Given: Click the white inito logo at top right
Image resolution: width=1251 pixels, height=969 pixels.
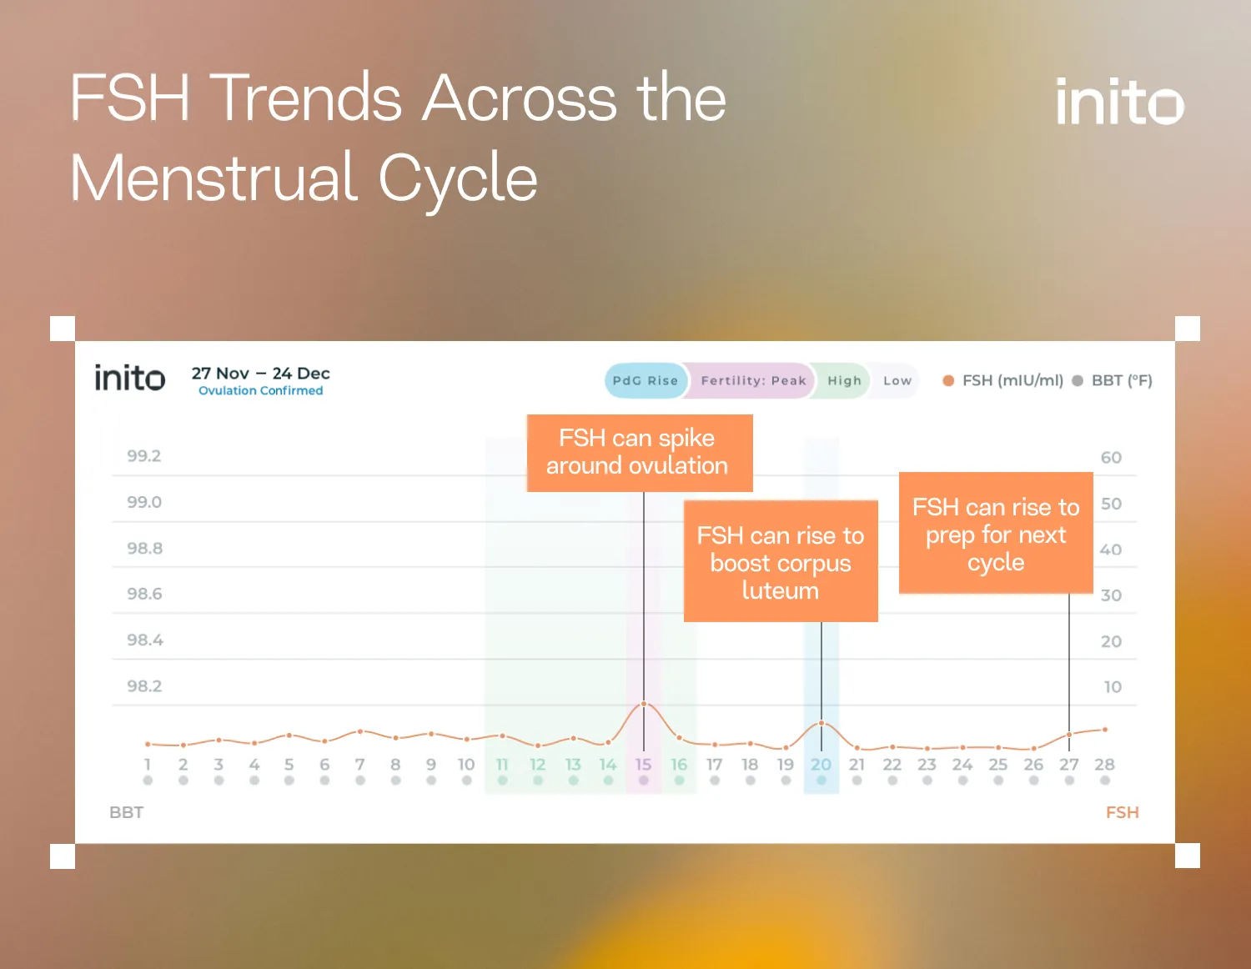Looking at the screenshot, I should coord(1119,102).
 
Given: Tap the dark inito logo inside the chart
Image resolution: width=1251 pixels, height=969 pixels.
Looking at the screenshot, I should coord(129,379).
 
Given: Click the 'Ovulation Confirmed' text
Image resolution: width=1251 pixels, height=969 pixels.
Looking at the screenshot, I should coord(260,391).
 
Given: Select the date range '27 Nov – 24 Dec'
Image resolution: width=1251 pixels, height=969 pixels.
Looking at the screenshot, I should coord(260,373).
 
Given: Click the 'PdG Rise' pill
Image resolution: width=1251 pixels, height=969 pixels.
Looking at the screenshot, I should coord(645,380).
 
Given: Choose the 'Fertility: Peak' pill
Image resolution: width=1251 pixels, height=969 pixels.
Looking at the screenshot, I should coord(753,380).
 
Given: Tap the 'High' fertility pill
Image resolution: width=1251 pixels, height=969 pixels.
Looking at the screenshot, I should coord(844,380).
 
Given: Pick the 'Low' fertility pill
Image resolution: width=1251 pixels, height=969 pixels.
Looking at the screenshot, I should coord(897,380).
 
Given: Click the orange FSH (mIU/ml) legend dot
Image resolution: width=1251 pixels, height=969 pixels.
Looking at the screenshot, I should coord(948,380).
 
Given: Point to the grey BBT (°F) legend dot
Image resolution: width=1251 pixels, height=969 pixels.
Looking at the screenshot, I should coord(1078,380).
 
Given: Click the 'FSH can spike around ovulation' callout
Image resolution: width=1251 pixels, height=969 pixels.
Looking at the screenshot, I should coord(639,452).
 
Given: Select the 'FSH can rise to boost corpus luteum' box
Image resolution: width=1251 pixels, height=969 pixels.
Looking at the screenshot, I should coord(780,561).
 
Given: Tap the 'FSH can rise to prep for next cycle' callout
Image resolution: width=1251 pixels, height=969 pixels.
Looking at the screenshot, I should coord(996,533).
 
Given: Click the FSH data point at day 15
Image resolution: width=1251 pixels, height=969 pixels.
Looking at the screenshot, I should coord(644,704).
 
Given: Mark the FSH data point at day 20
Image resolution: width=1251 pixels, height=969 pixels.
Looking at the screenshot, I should coord(821,723).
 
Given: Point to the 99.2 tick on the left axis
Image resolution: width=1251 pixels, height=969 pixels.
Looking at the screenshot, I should coord(143,456).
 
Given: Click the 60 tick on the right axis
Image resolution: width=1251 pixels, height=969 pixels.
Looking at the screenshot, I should coord(1111,458).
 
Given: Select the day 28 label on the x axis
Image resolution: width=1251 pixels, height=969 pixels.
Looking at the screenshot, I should coord(1104,765).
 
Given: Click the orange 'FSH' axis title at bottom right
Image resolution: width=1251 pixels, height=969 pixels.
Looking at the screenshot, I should coord(1122,812).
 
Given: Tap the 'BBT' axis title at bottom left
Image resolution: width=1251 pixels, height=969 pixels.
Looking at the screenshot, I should coord(127,812).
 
